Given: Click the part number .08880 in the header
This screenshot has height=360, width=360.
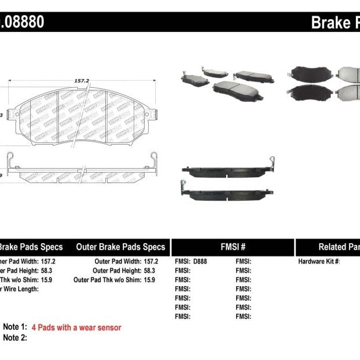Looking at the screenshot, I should pos(23,23).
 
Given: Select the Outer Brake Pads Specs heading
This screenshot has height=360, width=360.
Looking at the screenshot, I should pos(121,247).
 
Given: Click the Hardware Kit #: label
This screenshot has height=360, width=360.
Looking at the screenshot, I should pos(319,262).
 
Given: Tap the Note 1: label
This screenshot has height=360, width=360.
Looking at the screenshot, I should pos(15,327).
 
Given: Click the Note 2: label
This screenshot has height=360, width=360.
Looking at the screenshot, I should pos(15,337).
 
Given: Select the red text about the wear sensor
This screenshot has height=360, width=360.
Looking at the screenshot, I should pos(76,327).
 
